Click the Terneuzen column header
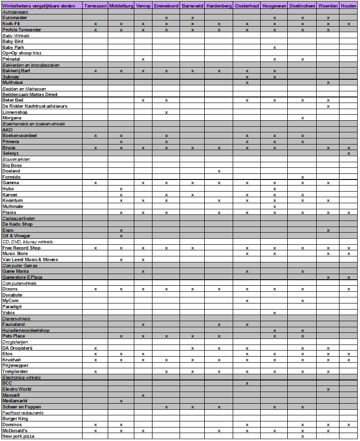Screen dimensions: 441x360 [95, 6]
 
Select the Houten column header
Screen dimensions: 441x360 [349, 6]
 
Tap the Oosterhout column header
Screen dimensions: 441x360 [247, 6]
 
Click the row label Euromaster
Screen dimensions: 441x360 [15, 17]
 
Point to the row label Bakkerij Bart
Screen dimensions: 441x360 [16, 71]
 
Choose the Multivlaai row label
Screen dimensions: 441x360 [13, 83]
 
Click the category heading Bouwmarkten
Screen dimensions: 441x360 [16, 159]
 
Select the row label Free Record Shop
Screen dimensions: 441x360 [21, 248]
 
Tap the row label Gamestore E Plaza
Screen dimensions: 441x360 [22, 277]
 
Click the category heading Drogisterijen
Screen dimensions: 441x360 [16, 342]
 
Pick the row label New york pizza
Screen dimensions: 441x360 [19, 436]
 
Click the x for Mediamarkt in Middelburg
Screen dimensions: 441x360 [121, 400]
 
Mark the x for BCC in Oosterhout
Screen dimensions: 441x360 [247, 383]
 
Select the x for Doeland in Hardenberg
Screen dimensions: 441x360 [219, 171]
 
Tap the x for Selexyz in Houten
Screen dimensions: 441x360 [349, 153]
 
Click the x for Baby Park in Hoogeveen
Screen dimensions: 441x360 [275, 48]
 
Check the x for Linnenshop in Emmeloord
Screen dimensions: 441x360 [166, 112]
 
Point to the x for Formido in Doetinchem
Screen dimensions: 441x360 [303, 177]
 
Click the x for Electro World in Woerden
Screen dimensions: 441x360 [328, 389]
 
